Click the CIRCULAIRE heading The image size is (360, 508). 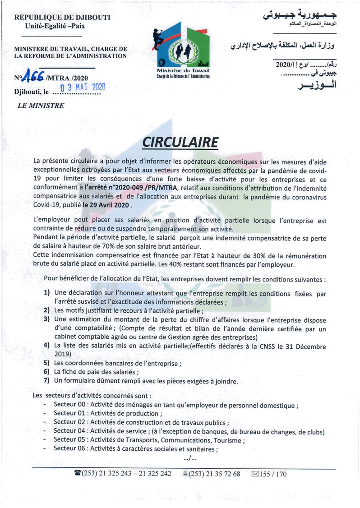coord(180,142)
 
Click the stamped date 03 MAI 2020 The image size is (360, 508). coord(83,87)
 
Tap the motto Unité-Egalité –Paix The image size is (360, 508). coord(55,26)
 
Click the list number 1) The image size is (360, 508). coord(47,293)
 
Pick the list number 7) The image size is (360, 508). coord(46,380)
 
